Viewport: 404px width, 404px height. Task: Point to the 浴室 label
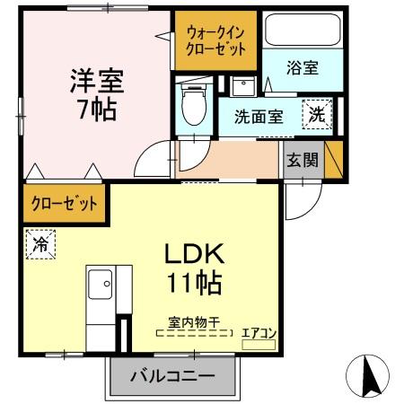coord(302,67)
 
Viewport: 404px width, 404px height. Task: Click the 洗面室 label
coord(259,116)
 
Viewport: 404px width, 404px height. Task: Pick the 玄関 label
coord(302,161)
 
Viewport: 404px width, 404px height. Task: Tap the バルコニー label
coord(177,376)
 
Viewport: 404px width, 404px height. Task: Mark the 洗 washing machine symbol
coord(318,114)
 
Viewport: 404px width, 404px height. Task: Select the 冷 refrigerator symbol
coord(40,243)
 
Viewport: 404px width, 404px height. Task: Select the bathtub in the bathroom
coord(301,33)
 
